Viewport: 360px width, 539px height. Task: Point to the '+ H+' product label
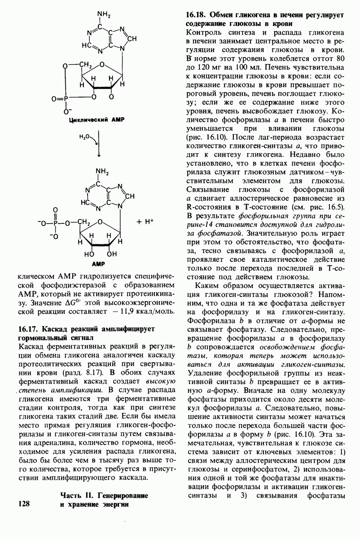click(145, 221)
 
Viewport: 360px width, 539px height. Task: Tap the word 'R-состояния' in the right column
click(204, 207)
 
